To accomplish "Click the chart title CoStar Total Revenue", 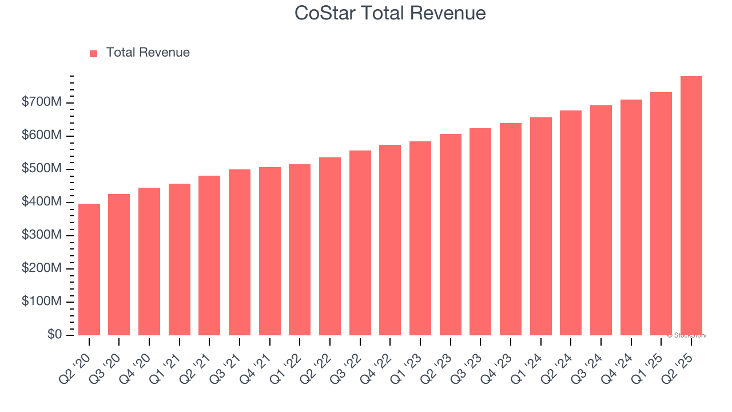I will (390, 13).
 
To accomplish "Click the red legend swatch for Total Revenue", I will (94, 53).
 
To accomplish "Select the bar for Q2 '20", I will (89, 270).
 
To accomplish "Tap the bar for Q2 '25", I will (691, 206).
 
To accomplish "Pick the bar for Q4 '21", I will (270, 251).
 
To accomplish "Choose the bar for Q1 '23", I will (420, 238).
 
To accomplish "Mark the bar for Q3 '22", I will (360, 243).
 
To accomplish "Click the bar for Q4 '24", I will (631, 217).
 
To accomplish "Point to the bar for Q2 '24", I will (571, 223).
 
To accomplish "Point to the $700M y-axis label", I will (42, 102).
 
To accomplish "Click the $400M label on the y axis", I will (42, 202).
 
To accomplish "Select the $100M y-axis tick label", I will (42, 302).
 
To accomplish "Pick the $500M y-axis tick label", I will (42, 169).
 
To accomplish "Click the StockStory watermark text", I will (687, 335).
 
